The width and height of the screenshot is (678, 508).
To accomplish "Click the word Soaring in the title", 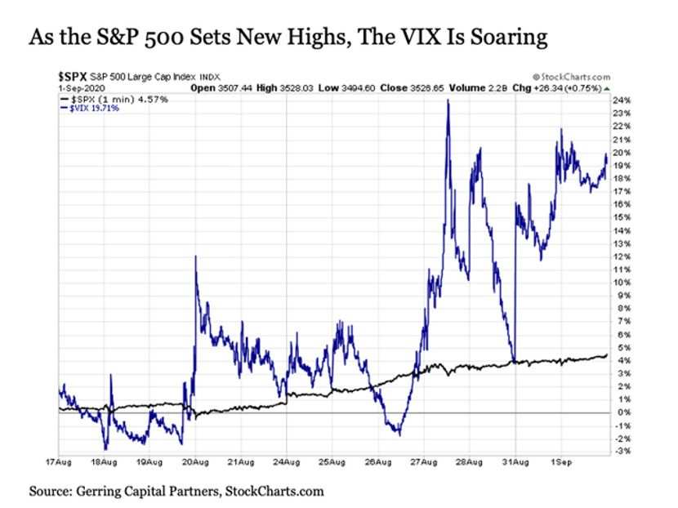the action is point(509,38).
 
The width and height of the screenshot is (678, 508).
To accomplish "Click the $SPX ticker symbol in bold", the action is point(73,77).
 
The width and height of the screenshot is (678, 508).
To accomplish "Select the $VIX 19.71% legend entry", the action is point(90,108).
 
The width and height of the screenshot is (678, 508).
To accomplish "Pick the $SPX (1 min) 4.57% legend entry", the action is point(114,100).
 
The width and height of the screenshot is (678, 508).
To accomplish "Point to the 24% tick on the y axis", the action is point(622,100).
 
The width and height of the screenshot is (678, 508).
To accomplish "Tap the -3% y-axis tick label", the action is point(622,452).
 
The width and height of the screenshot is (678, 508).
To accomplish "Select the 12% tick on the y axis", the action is point(622,256).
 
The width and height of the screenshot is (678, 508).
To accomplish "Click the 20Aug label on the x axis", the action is point(195,462).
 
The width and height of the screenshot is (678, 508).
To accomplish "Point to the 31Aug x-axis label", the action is point(515,462).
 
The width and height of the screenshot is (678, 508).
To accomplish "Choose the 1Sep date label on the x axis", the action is point(561,462).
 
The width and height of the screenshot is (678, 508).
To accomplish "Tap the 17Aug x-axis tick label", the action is point(59,462).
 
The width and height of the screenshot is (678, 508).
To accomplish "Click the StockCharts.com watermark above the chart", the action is point(571,77).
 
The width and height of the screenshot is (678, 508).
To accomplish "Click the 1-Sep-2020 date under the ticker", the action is point(82,88).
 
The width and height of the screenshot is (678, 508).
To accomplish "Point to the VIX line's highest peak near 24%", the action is point(448,100).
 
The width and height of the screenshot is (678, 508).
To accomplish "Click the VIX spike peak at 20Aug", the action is point(195,256).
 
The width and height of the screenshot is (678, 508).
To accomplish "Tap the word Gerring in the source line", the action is point(99,492).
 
